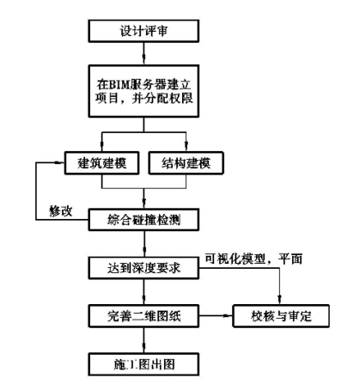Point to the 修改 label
[x=61, y=211]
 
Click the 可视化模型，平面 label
[x=253, y=259]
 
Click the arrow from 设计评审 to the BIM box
[x=143, y=54]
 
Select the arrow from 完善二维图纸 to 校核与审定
[x=216, y=316]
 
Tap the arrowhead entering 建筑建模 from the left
[x=60, y=162]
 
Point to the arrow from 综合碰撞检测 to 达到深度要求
[x=144, y=244]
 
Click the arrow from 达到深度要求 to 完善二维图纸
[x=144, y=292]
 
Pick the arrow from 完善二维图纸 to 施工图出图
[x=144, y=340]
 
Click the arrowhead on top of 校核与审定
[x=280, y=300]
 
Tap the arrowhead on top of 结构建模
[x=186, y=146]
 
